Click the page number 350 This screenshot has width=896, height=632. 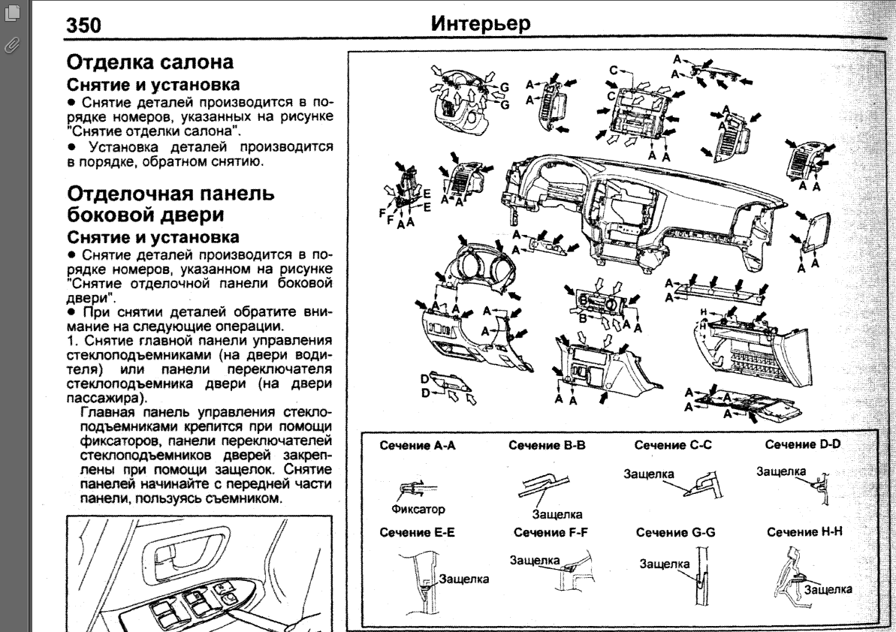[x=84, y=26]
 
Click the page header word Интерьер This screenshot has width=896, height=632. [x=481, y=24]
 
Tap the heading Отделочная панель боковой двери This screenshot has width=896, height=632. [x=170, y=205]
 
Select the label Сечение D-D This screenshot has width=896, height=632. [x=803, y=445]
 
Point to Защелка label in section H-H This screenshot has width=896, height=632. [x=828, y=589]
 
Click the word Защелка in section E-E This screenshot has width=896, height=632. [x=464, y=579]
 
